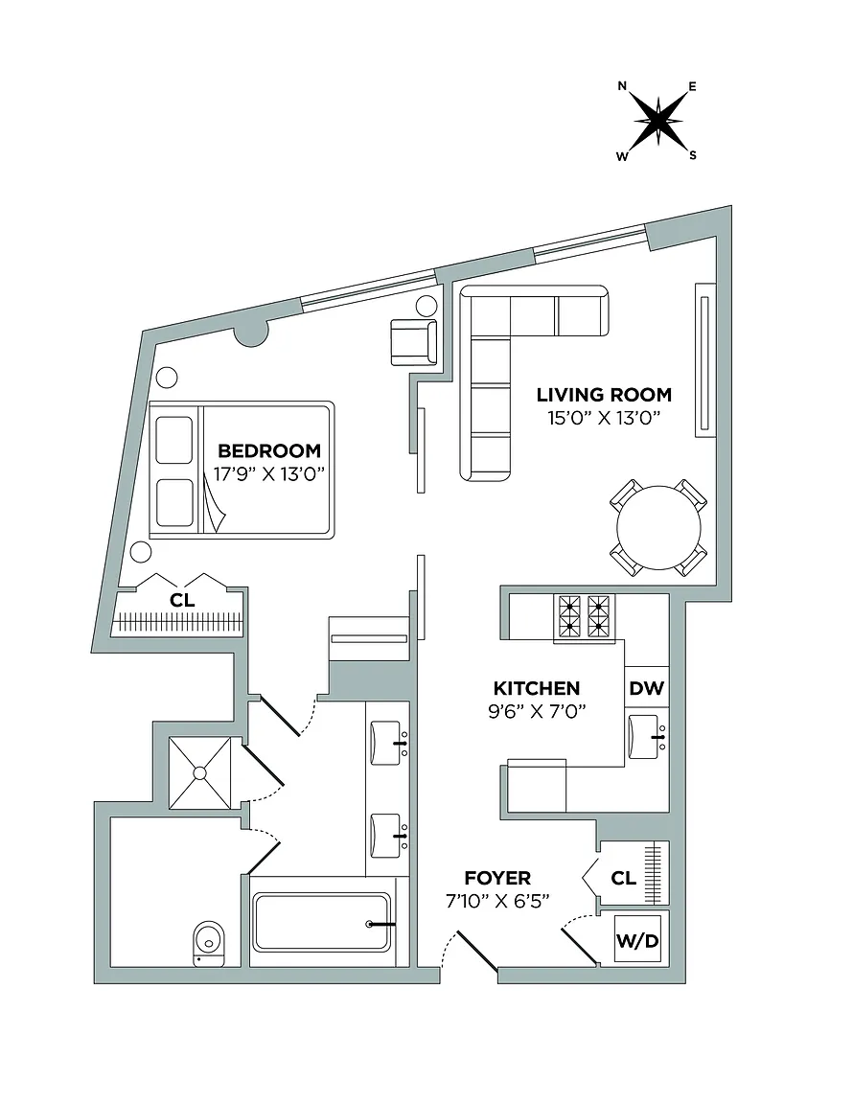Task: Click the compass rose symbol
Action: click(657, 121)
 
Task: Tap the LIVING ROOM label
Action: click(604, 394)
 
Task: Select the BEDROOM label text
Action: click(269, 450)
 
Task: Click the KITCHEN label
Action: click(537, 688)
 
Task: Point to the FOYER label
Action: click(497, 878)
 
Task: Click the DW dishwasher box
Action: click(646, 688)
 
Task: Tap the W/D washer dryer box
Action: click(637, 939)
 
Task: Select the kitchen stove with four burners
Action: click(584, 617)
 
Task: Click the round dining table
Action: click(658, 528)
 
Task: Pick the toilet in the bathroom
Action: click(209, 943)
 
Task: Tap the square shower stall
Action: click(200, 773)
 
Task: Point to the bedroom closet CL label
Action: click(182, 601)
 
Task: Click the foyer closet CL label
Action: click(623, 878)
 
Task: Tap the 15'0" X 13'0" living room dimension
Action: click(604, 418)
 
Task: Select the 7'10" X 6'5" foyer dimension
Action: click(497, 901)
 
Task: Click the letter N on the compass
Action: click(622, 86)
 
